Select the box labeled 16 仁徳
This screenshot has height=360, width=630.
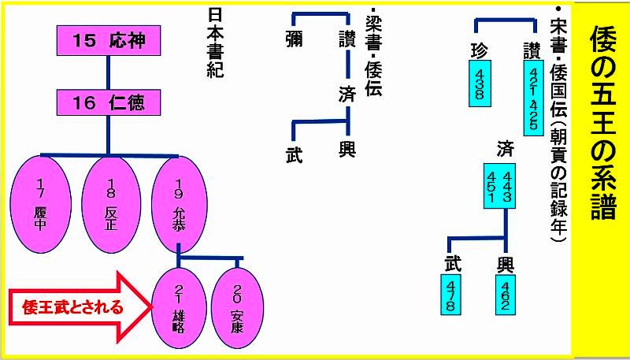coord(110,102)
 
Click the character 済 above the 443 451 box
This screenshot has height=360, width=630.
coord(506,148)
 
